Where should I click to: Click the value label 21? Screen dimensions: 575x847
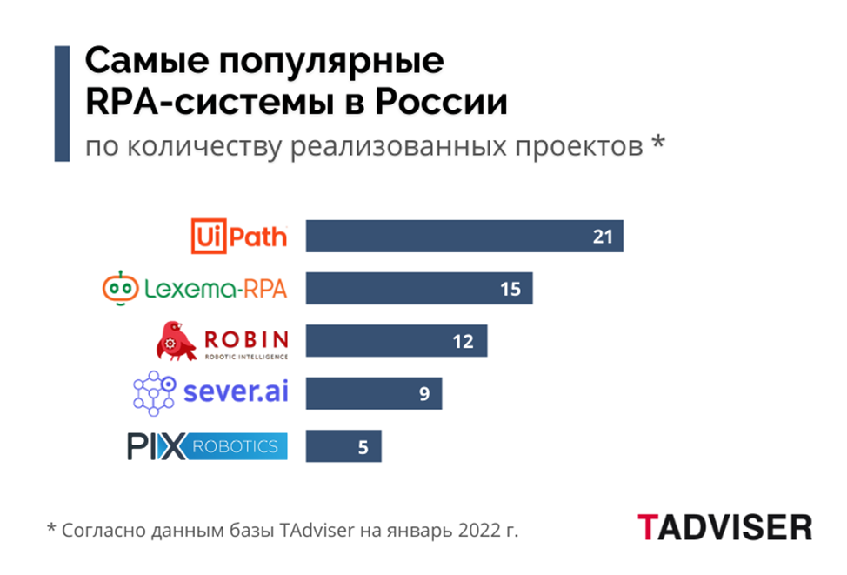coord(604,237)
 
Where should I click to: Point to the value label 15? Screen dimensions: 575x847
coord(510,289)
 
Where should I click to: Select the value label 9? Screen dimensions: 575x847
coord(424,393)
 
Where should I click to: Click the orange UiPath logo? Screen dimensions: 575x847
coord(238,234)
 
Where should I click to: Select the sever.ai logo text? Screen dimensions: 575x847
coord(235,391)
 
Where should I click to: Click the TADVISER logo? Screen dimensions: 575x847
coord(724,527)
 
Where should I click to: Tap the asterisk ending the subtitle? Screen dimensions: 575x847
coord(657,144)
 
